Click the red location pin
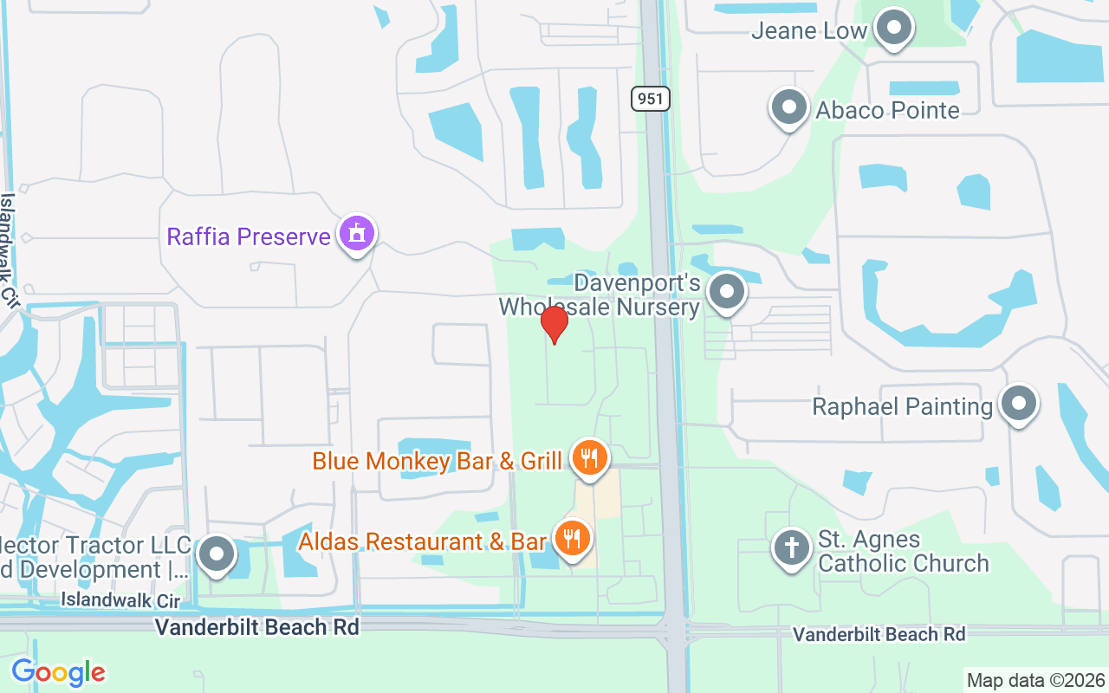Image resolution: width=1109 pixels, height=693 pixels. click(x=554, y=324)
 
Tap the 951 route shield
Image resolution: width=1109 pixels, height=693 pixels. click(x=650, y=99)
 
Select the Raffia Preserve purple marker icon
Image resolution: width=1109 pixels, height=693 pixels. click(x=356, y=234)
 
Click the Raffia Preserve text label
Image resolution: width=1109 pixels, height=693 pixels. click(x=249, y=236)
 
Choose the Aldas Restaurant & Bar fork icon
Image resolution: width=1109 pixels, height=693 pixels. click(x=571, y=539)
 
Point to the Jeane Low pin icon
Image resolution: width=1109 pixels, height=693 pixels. click(x=892, y=29)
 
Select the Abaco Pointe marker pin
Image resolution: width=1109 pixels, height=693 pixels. click(x=788, y=108)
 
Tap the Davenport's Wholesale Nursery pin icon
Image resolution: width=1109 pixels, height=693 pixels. click(x=726, y=292)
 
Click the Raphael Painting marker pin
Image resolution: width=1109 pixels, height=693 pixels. click(x=1018, y=404)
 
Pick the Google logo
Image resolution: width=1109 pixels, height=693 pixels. click(x=58, y=672)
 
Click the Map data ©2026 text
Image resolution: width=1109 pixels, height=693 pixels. click(x=1036, y=680)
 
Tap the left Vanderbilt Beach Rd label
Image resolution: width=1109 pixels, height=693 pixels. click(x=256, y=627)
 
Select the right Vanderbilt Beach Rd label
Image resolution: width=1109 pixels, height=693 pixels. click(x=879, y=635)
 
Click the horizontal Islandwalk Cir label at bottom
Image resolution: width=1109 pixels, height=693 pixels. click(x=120, y=599)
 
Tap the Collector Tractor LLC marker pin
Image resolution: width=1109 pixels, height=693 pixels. click(x=216, y=554)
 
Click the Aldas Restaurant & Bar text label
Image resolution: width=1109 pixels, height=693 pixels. click(x=422, y=541)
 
